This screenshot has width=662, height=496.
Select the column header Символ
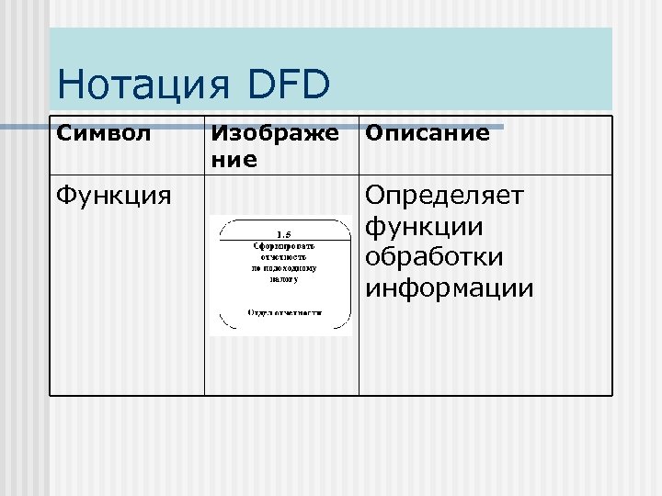pos(104,134)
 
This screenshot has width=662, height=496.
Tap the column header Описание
pos(428,134)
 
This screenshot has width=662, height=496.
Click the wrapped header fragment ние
pos(234,161)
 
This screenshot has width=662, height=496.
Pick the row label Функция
pos(113,196)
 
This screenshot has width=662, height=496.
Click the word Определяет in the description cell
pos(444,196)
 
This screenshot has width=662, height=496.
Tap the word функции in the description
pos(425,227)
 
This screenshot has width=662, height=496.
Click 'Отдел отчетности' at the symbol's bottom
pos(284,312)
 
